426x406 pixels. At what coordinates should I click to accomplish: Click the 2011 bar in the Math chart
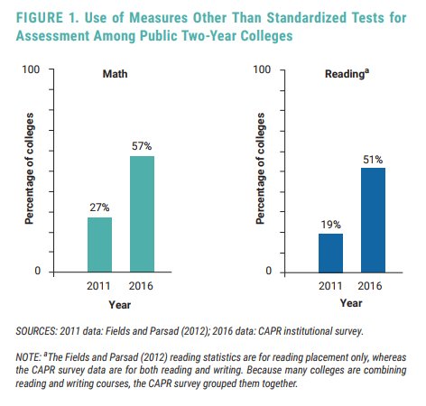pos(99,244)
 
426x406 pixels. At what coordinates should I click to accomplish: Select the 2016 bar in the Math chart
pos(142,213)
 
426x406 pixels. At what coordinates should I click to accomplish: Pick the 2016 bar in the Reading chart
pos(373,219)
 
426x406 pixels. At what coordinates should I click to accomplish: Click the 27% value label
pos(99,207)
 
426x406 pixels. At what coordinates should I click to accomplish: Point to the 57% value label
pos(142,145)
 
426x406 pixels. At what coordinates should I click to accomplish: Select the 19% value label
pos(330,223)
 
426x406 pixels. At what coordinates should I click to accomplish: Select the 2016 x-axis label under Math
pos(142,286)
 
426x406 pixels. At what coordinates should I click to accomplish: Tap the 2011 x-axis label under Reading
pos(330,286)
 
